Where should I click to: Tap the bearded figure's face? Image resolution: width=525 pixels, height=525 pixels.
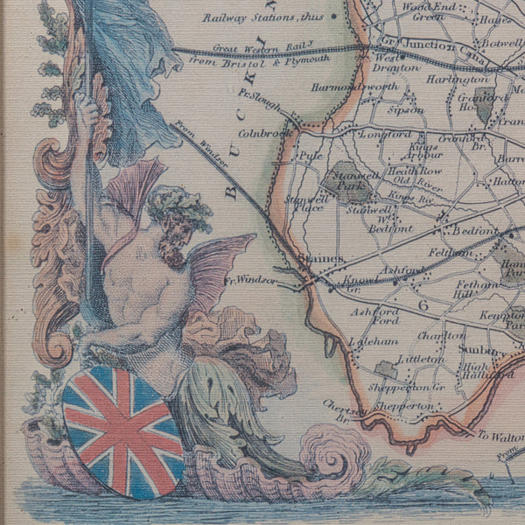coord(175,231)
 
